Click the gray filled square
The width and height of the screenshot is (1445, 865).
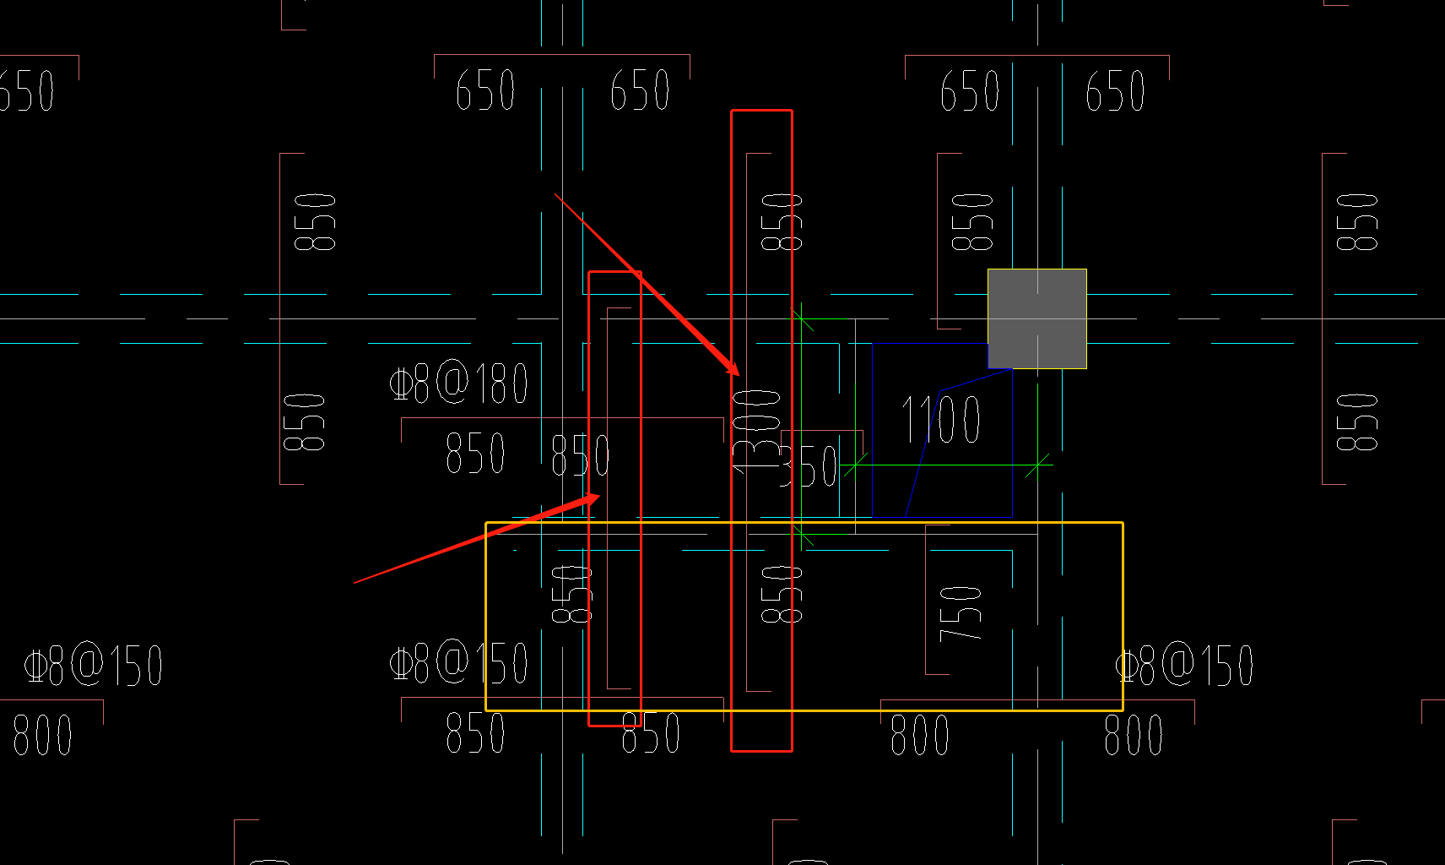point(1036,318)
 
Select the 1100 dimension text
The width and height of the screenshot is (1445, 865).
point(941,419)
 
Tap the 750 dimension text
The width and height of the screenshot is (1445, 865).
point(961,612)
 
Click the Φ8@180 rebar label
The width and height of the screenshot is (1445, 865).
point(459,384)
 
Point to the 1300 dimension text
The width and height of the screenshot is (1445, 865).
point(756,431)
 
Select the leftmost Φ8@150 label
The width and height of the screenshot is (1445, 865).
point(93,665)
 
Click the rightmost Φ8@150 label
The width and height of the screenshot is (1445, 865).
point(1184,665)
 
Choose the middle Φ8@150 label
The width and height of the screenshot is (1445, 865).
point(459,663)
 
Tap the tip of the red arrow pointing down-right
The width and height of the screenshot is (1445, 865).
point(739,375)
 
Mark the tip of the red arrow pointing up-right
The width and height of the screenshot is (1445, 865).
point(600,495)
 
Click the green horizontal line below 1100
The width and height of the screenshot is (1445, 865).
point(945,465)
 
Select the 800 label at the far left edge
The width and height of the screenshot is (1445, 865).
point(42,735)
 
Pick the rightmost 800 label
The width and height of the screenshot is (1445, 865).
point(1134,734)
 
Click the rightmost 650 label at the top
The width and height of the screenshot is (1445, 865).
point(1115,91)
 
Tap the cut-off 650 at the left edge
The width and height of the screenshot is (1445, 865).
point(27,91)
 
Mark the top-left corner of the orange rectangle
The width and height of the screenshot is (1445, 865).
point(486,523)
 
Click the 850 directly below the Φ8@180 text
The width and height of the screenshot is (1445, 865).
point(475,453)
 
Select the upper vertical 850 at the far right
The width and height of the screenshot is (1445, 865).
point(1357,222)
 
